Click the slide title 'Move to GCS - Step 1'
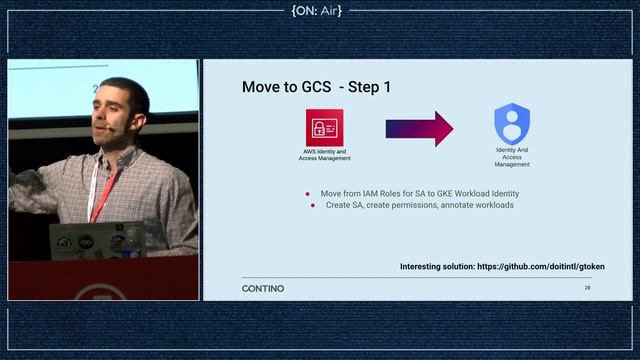click(316, 87)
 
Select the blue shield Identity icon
click(512, 124)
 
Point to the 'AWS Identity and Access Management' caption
click(324, 155)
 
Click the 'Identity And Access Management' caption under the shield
click(512, 157)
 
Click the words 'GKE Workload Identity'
click(476, 193)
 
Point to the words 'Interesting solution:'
click(437, 267)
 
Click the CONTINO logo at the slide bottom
click(263, 288)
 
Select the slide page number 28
click(588, 288)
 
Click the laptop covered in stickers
click(95, 240)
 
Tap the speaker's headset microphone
click(115, 129)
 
